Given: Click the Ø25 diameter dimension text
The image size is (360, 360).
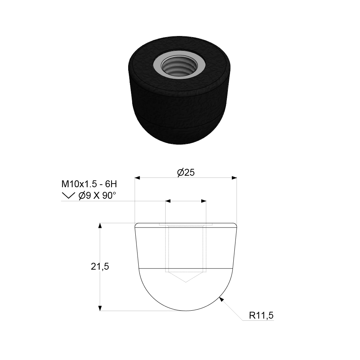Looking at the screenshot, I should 186,172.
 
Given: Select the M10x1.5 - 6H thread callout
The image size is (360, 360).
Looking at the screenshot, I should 89,184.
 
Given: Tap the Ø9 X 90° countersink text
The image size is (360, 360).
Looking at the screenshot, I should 97,196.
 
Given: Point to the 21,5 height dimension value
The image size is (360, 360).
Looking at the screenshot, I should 100,266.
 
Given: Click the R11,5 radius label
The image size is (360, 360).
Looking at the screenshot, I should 261,316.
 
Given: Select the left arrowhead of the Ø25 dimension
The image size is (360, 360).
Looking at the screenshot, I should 138,177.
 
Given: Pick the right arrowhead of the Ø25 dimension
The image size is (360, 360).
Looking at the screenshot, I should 234,177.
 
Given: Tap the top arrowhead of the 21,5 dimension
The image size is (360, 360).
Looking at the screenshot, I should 100,226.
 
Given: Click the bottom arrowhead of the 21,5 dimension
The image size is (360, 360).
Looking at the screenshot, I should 100,308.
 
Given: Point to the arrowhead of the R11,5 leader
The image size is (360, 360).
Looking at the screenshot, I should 221,298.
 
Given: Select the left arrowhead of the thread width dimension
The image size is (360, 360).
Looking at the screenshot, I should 168,201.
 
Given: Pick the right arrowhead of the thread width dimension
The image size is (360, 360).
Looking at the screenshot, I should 204,201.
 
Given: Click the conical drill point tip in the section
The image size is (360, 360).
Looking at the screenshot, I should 186,282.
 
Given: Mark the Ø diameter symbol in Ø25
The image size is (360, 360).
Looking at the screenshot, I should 181,172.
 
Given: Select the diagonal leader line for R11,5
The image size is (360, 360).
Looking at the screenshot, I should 232,310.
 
